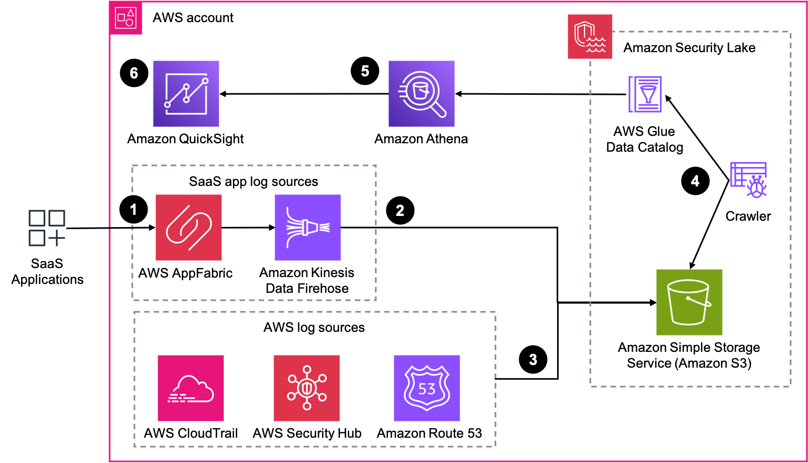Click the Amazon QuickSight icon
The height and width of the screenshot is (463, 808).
(186, 94)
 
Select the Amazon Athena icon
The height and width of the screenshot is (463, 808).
(421, 94)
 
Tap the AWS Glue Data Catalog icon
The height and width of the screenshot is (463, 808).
(645, 94)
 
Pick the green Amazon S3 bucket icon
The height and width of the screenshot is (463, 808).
(689, 302)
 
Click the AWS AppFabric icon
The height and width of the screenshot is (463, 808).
(189, 228)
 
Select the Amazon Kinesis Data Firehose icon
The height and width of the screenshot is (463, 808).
(308, 228)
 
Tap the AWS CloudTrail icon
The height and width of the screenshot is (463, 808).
(191, 388)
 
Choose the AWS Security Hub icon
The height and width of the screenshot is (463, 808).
(307, 388)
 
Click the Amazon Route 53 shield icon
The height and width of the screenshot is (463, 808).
(427, 388)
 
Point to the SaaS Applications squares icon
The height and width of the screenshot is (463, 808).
(47, 228)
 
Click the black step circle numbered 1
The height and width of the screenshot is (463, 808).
(133, 210)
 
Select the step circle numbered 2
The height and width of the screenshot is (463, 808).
(400, 211)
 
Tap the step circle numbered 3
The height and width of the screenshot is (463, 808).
(533, 360)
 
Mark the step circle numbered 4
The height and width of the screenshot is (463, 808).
(695, 181)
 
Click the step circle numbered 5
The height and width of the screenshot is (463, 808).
(365, 71)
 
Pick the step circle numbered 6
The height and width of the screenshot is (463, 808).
(134, 73)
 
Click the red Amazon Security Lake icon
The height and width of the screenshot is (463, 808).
(590, 36)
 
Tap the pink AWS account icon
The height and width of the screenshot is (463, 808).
(126, 18)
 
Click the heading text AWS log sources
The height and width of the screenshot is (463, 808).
(314, 328)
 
